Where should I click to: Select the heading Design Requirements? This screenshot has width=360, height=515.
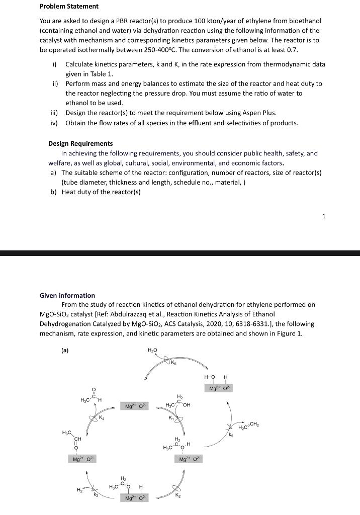point(80,143)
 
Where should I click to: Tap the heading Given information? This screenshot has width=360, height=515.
point(67,295)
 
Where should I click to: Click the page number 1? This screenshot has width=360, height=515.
point(324,216)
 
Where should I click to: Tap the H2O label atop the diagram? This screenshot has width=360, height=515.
point(152,350)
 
